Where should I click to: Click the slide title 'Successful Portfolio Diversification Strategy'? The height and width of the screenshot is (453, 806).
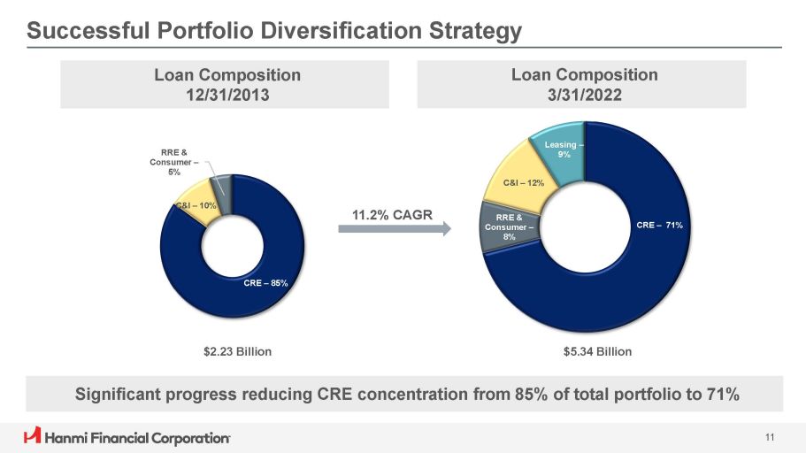[x=274, y=31]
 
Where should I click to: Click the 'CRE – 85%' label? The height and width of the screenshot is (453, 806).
[x=266, y=283]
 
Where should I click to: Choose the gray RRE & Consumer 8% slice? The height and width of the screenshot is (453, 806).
[x=504, y=228]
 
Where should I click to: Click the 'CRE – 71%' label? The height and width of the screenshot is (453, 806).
[x=659, y=226]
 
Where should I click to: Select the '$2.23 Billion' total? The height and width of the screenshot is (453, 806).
[x=232, y=351]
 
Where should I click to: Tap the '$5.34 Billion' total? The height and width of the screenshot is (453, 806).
[x=597, y=351]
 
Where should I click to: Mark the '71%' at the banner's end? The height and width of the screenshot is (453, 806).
[x=720, y=394]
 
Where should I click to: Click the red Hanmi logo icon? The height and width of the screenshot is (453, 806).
[x=32, y=436]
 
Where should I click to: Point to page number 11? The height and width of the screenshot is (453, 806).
[x=770, y=436]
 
